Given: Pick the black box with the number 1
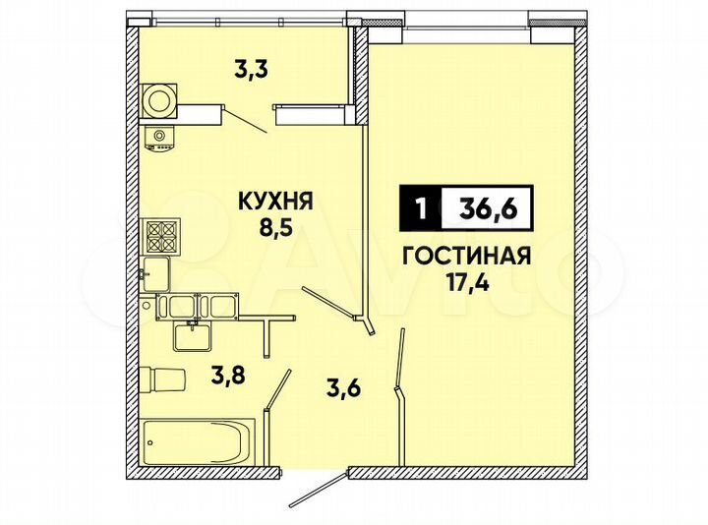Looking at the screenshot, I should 421,208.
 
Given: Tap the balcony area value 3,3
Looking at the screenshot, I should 251,70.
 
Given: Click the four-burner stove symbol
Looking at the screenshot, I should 161,236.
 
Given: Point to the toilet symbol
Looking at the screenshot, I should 163,379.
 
